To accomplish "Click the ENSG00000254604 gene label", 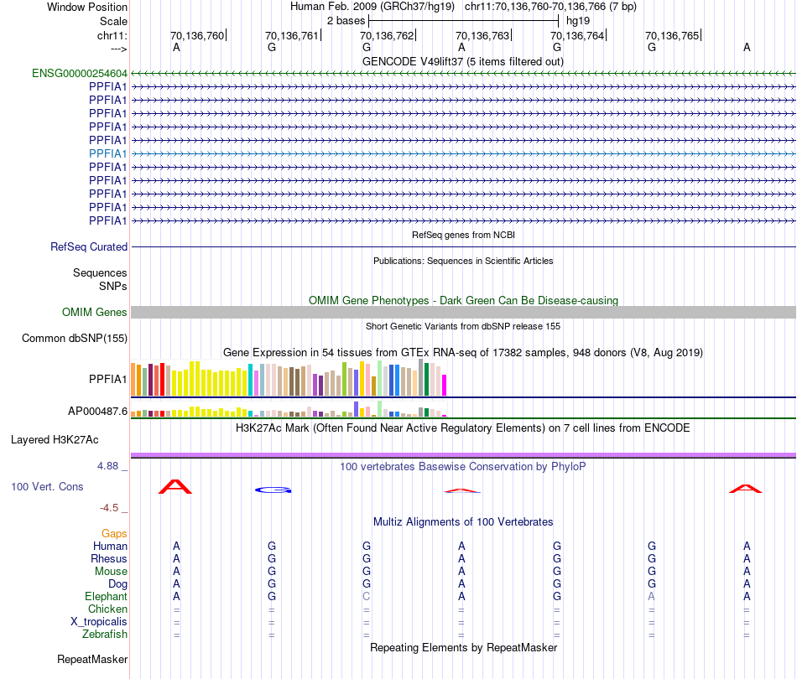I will [x=80, y=73].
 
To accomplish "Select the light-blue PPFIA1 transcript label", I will [x=107, y=153].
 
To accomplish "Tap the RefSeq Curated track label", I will [x=89, y=246].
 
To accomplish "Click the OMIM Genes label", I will [x=95, y=312].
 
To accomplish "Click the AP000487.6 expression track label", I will [x=97, y=412].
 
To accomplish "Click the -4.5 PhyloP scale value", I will [x=112, y=507].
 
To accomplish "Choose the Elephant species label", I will [x=106, y=596].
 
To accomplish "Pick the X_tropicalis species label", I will [x=99, y=621].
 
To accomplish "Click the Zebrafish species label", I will [x=105, y=634].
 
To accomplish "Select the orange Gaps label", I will [x=114, y=533].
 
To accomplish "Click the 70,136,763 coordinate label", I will [x=482, y=35].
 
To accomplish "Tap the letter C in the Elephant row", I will [x=366, y=596].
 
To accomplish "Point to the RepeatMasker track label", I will [x=92, y=659].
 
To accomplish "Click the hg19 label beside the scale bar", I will [x=578, y=19].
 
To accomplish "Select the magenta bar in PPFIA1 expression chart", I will [x=445, y=385].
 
